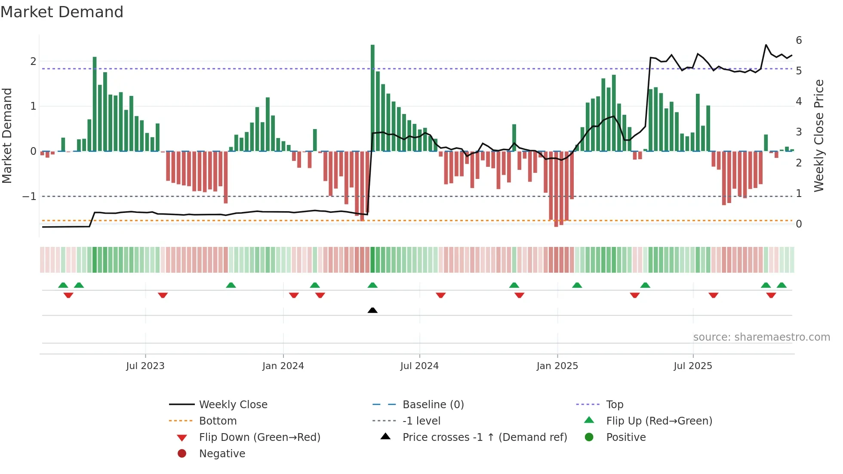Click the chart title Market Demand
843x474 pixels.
[62, 12]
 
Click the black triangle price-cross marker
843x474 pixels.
[372, 310]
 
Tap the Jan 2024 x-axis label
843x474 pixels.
[283, 366]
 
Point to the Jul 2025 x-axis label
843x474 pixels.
[693, 366]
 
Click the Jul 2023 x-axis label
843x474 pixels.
[145, 366]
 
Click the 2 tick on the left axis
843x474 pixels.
[33, 62]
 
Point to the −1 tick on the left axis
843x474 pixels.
[30, 197]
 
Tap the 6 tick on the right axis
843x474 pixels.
[799, 40]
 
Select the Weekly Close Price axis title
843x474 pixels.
[819, 135]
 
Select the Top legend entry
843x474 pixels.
[615, 405]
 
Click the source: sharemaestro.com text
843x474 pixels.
[761, 337]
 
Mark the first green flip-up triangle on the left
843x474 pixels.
[63, 285]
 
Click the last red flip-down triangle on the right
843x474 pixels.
[771, 295]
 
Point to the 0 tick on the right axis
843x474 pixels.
[799, 224]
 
